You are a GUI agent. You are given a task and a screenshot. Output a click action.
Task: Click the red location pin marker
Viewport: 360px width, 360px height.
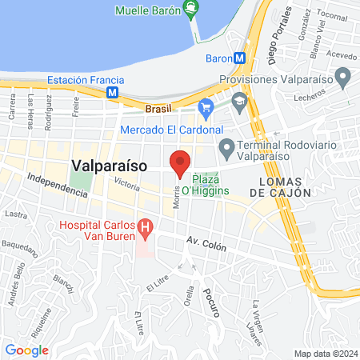coord(180,162)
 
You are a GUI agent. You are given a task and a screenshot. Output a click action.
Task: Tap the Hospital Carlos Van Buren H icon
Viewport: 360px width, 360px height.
coord(145,228)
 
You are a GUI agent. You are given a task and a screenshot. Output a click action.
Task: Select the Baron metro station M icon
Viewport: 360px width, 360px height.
coord(238,58)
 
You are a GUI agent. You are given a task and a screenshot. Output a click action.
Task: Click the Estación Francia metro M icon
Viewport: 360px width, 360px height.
coord(113,93)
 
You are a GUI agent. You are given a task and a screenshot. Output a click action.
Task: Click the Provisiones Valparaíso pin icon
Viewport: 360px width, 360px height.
coord(343,78)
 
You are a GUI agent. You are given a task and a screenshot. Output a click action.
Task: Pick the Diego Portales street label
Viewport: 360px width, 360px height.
coord(266,40)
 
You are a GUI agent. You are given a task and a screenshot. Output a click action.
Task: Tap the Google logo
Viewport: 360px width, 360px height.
coord(27,350)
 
